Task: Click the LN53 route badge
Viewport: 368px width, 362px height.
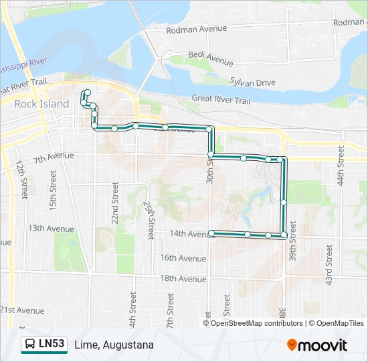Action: coord(44,345)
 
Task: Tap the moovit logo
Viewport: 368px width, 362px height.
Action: coord(317,345)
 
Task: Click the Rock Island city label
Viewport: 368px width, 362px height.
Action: coord(41,104)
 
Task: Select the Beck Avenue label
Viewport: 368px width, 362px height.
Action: coord(210,58)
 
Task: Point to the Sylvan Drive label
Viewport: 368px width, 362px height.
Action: coord(253,82)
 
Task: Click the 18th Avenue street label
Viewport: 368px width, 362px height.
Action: coord(183,278)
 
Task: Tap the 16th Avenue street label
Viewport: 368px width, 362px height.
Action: coord(183,258)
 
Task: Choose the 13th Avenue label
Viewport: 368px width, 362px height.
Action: coord(51,228)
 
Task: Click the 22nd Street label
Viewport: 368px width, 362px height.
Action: coord(115,203)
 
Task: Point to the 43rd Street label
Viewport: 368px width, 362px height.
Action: coord(329,265)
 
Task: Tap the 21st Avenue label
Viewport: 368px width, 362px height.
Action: coord(21,310)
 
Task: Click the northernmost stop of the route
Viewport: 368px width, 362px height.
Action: coord(88,93)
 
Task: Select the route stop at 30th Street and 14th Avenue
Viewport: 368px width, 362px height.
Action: coord(212,233)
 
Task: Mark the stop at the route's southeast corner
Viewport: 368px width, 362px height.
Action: coord(284,235)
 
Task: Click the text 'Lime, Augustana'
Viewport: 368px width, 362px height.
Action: coord(114,345)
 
